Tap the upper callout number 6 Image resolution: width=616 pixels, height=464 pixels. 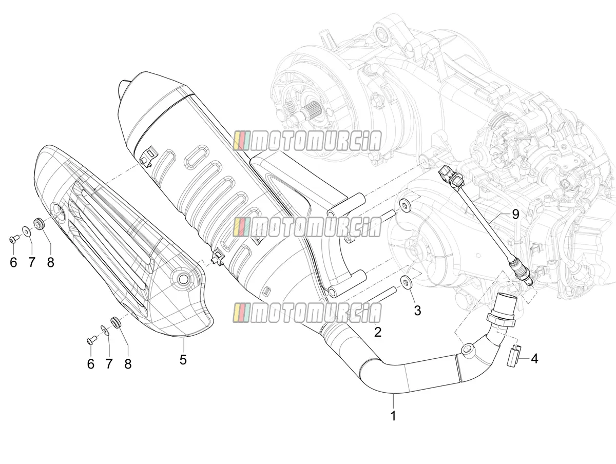[x=13, y=262]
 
